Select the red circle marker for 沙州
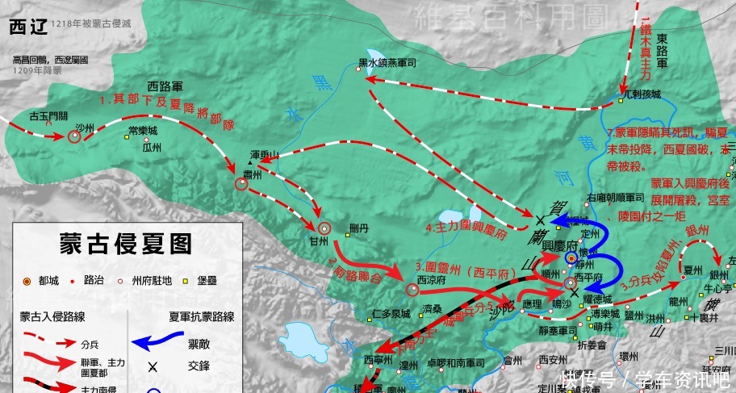tap(74, 137)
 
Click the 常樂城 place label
tap(142, 130)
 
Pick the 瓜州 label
tap(152, 148)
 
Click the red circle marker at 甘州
tap(324, 228)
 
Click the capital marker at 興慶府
tap(571, 257)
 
